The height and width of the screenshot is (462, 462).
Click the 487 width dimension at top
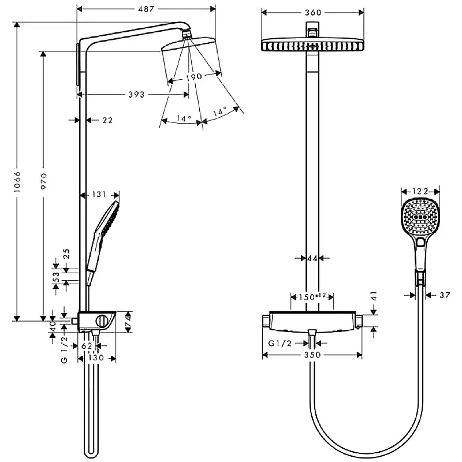(147, 9)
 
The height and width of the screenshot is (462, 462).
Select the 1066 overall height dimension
(17, 182)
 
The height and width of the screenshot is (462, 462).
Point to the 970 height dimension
(44, 181)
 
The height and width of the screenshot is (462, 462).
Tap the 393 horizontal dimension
(136, 95)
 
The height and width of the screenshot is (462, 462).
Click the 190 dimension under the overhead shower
(194, 77)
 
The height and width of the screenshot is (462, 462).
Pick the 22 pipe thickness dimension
(107, 120)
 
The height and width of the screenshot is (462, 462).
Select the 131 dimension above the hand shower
(99, 195)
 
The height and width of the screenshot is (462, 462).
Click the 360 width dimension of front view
(313, 12)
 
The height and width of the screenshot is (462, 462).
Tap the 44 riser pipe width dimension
(312, 258)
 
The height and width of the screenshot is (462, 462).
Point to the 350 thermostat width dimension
(312, 355)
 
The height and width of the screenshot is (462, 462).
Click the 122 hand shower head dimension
(420, 192)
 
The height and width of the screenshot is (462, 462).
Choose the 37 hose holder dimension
(445, 295)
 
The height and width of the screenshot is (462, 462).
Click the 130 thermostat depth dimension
(96, 357)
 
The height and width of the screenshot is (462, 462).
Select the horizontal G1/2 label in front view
(280, 343)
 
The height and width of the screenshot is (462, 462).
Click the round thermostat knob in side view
(102, 321)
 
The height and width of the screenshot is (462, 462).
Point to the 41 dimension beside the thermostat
(374, 296)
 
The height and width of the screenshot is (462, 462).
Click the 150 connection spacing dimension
(312, 296)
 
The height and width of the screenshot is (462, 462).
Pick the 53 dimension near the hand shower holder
(56, 277)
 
